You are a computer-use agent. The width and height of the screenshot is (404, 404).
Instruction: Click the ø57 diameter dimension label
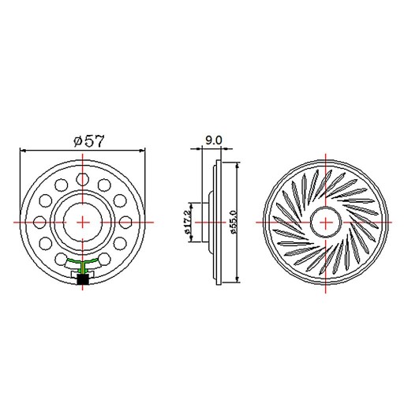pyautogui.click(x=89, y=141)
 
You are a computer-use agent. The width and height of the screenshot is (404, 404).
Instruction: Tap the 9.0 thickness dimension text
pyautogui.click(x=214, y=140)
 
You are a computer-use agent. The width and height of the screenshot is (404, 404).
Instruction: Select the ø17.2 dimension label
pyautogui.click(x=189, y=222)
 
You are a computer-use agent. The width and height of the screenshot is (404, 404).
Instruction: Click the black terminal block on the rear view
pyautogui.click(x=83, y=279)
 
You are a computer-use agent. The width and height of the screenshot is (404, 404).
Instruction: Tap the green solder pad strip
pyautogui.click(x=83, y=262)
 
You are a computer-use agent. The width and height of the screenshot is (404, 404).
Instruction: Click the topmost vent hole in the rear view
pyautogui.click(x=83, y=178)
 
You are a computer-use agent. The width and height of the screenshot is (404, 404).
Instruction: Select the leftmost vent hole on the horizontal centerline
pyautogui.click(x=40, y=222)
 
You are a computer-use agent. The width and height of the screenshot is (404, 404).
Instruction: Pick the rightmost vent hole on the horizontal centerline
pyautogui.click(x=125, y=222)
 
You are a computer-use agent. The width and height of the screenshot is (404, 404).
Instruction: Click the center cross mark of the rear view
pyautogui.click(x=83, y=222)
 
